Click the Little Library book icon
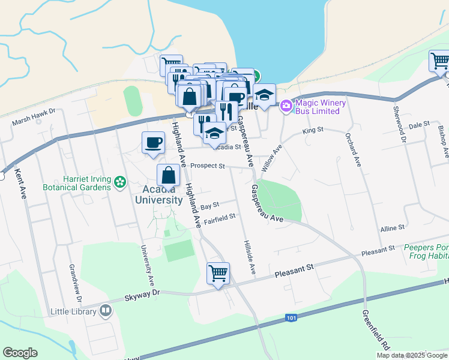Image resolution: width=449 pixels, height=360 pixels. (x=106, y=310)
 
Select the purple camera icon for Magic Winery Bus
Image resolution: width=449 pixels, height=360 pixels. (x=286, y=106)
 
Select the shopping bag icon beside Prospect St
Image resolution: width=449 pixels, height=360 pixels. (x=169, y=175)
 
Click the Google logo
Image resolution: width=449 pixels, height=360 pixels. (x=20, y=353)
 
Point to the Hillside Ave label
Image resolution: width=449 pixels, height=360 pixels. (x=250, y=258)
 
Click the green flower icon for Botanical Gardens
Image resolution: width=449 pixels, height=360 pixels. (x=120, y=181)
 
